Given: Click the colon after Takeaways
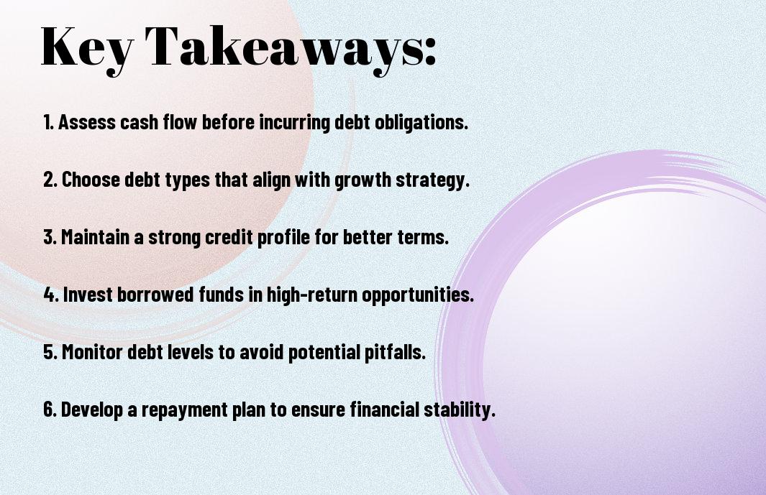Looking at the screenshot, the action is [x=430, y=51].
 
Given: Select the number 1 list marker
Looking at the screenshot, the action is [x=48, y=122].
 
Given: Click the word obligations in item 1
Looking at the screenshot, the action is [x=421, y=123].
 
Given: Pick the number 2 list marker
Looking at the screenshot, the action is [x=50, y=180].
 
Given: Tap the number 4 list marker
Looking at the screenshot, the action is [x=51, y=295].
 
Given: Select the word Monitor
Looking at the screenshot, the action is [x=92, y=352].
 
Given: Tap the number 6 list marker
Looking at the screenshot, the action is [x=50, y=409].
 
